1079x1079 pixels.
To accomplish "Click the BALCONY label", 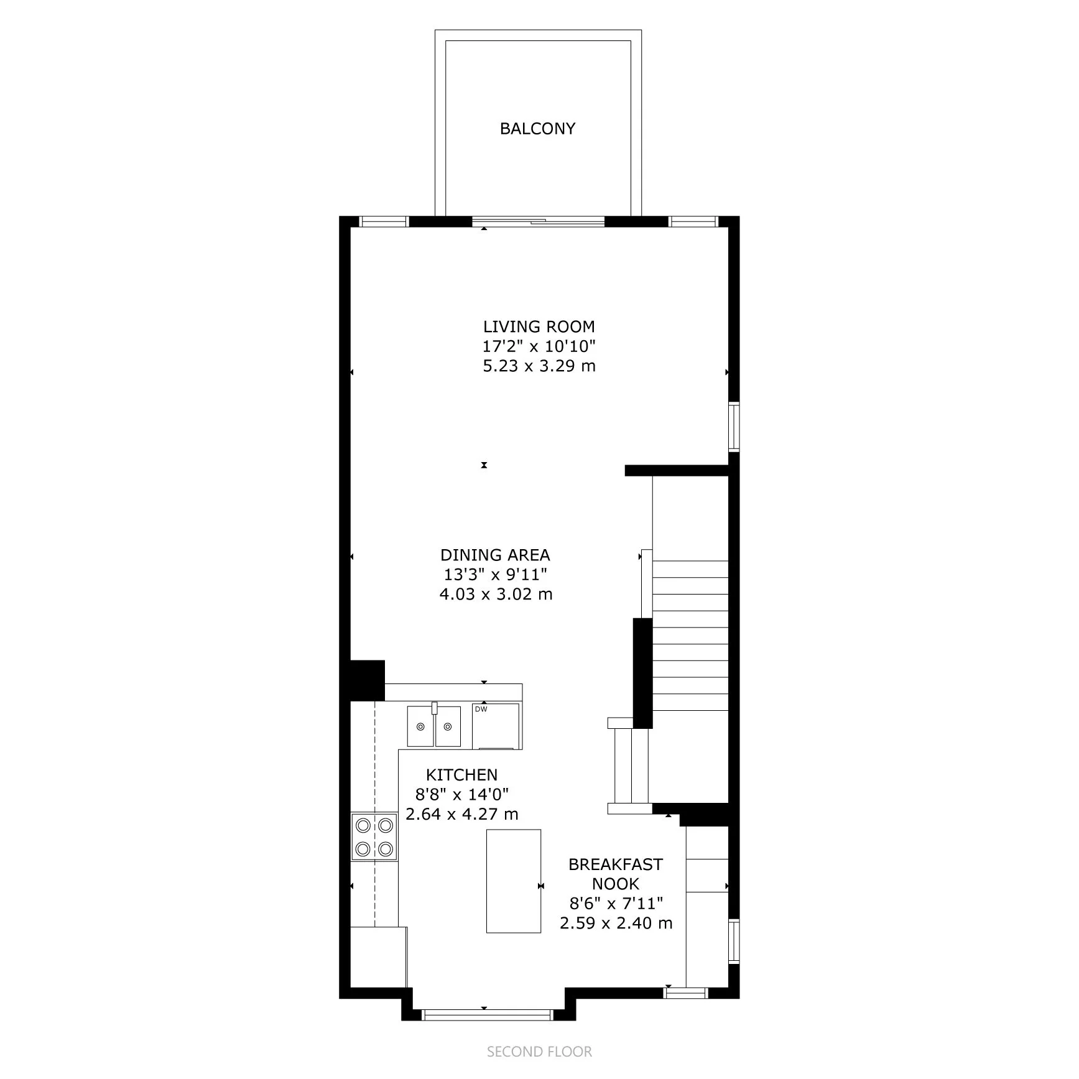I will coord(537,129).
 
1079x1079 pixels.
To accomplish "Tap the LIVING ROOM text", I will coord(539,326).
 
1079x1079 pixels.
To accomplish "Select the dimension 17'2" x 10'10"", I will coord(539,346).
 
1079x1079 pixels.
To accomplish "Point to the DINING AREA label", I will coord(495,555).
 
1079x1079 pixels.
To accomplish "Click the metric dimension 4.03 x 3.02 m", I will coord(496,594).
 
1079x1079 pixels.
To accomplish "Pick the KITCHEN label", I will coord(461,774).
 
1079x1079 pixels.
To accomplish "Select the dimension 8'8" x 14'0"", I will coord(461,794).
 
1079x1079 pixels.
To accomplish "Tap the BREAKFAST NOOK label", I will coord(615,874).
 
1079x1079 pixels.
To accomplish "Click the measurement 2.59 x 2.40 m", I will coord(616,923).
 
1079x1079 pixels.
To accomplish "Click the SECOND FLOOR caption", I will coord(539,1052).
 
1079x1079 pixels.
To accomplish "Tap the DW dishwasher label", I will coord(481,709).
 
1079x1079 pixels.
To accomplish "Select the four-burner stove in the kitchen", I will coord(374,836).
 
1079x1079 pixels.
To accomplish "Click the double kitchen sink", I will coord(434,726).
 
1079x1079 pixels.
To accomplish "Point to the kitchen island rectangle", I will coord(513,881).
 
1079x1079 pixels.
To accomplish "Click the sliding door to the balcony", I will coord(539,221).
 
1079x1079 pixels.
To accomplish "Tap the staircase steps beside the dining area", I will coord(690,634).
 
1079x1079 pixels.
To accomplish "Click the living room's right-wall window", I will coord(734,426).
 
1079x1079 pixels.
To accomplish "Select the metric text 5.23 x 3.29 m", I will coord(539,366).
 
